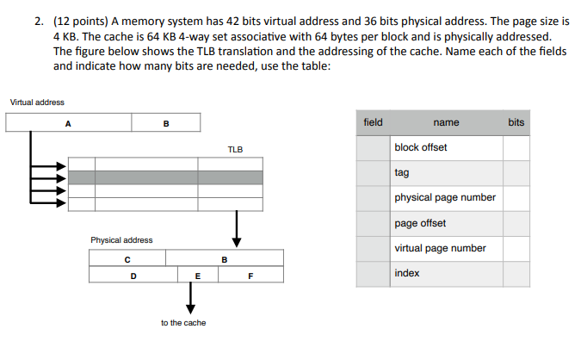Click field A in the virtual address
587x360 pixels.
68,123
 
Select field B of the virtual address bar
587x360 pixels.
166,123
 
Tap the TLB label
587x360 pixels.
235,149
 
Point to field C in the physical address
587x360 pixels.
127,258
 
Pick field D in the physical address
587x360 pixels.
133,276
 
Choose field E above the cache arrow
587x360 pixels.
198,276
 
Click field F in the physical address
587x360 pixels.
250,276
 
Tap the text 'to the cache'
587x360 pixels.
183,323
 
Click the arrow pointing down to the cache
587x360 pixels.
190,299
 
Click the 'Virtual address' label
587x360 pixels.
37,102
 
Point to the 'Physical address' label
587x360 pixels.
121,239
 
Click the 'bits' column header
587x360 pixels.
516,122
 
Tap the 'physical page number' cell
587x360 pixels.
445,197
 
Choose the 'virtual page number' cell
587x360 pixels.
440,248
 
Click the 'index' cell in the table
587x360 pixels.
407,273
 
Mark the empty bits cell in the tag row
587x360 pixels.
516,172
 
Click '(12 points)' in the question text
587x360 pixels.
81,23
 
